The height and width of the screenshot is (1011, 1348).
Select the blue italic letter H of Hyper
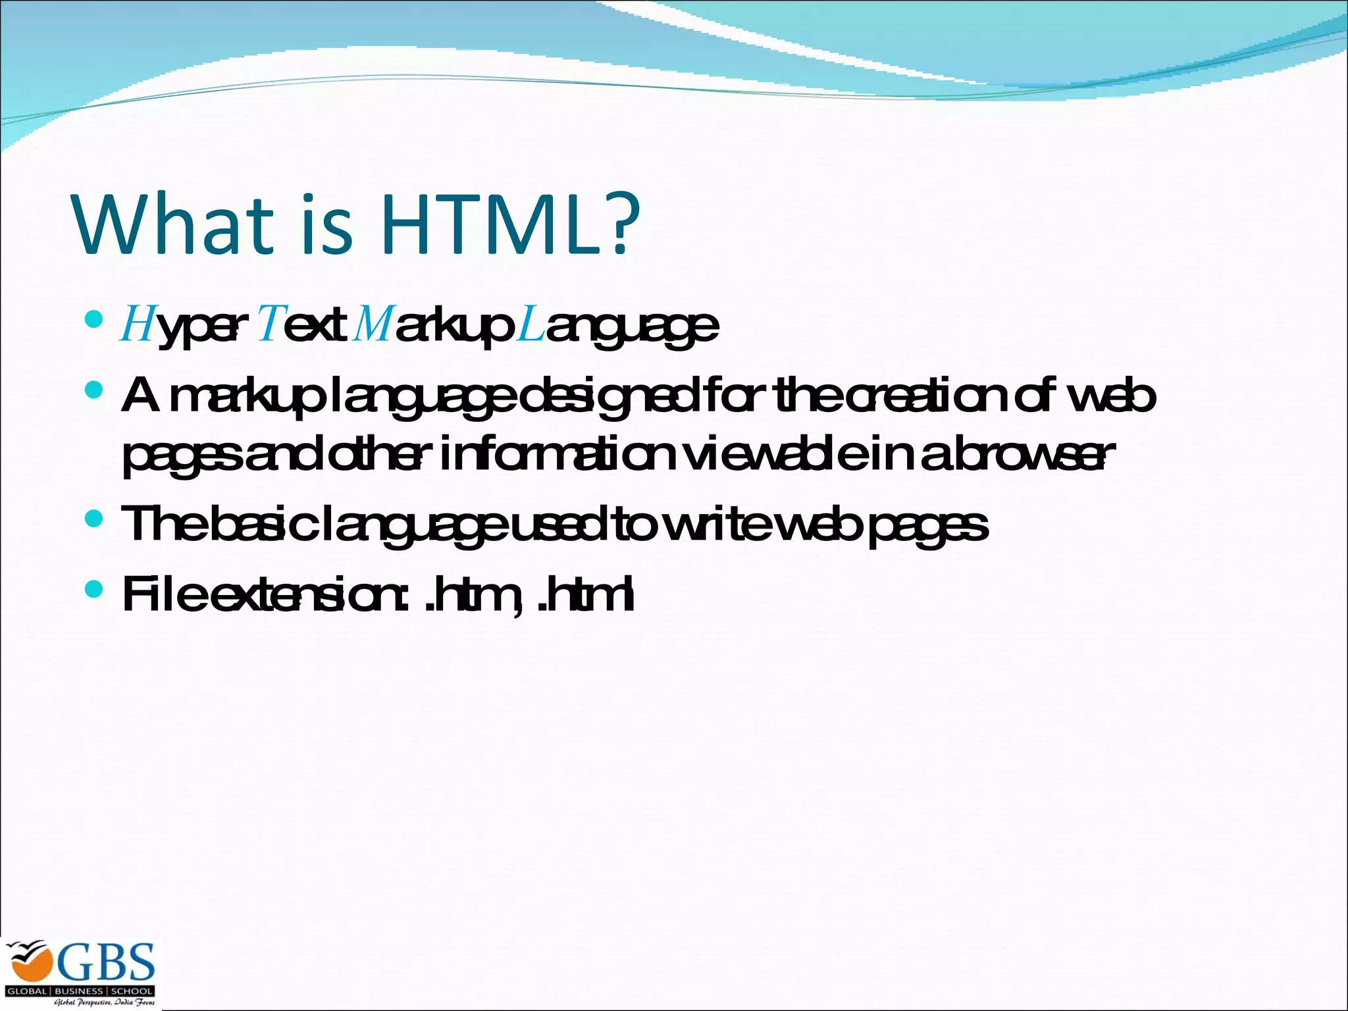tap(137, 325)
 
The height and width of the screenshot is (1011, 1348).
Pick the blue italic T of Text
tap(269, 325)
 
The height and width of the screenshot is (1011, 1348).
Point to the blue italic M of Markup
tap(373, 325)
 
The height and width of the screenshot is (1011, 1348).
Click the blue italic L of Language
tap(531, 325)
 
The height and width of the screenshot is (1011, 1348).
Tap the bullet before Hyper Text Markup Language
tap(94, 320)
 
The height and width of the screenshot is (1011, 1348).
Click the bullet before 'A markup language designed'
tap(94, 391)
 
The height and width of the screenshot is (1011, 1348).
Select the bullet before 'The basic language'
tap(94, 519)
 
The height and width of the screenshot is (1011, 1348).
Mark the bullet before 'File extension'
tap(94, 589)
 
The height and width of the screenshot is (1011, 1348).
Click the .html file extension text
tap(586, 594)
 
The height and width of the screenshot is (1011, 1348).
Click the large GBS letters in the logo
tap(107, 962)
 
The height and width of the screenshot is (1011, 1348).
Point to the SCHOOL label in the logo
tap(132, 991)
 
